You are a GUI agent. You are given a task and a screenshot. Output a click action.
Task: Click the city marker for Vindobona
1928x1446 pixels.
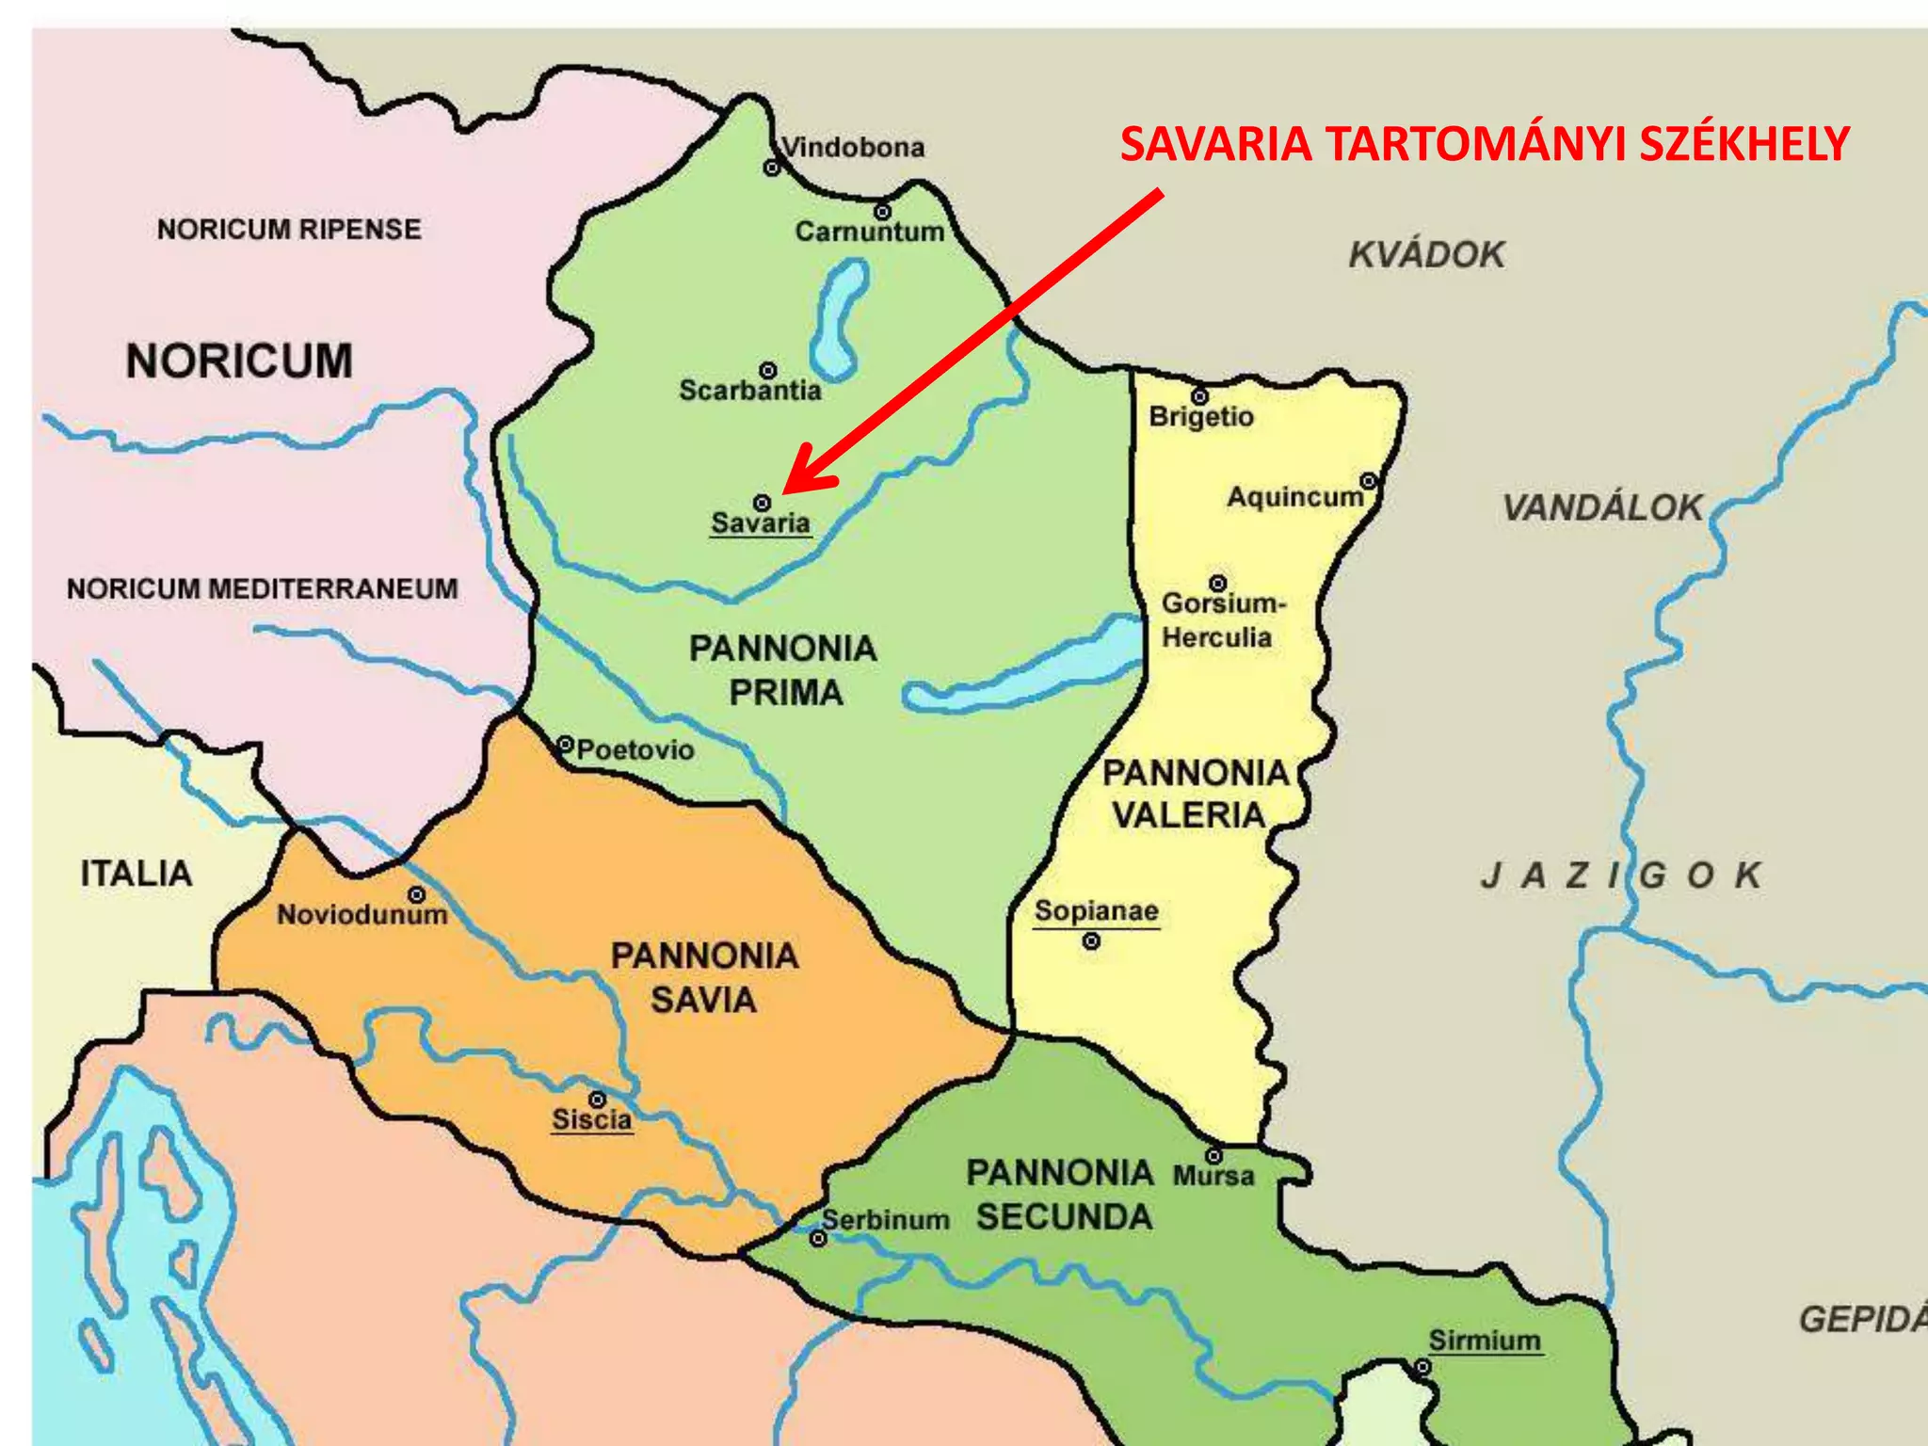click(x=771, y=168)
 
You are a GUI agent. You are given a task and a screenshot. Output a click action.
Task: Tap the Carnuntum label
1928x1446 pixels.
click(x=869, y=232)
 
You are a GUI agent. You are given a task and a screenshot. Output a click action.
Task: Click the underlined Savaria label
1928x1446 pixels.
click(x=761, y=522)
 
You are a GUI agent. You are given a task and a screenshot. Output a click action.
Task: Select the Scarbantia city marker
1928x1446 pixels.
click(x=768, y=370)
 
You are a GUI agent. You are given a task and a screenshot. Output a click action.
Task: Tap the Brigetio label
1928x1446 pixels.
click(x=1201, y=416)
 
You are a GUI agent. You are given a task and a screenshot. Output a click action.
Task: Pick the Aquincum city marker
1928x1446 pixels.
click(x=1369, y=481)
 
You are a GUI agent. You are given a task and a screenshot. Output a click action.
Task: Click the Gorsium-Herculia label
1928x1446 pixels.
click(x=1221, y=619)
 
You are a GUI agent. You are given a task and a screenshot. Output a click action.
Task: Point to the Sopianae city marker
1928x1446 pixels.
click(x=1091, y=940)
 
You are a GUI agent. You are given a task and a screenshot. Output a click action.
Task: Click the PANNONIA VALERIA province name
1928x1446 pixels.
click(x=1194, y=794)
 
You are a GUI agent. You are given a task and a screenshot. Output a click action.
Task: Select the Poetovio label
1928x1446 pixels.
click(x=635, y=749)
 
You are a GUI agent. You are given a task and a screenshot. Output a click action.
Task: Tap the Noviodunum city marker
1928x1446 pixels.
click(x=416, y=893)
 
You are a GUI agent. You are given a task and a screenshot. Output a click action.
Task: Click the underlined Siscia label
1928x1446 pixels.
click(x=591, y=1119)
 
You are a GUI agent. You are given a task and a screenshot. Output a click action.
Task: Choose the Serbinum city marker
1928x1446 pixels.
click(x=818, y=1238)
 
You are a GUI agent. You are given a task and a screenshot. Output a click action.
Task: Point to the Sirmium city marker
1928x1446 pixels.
click(x=1423, y=1366)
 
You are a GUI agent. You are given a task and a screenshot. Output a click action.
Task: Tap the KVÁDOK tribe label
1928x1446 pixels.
click(x=1426, y=254)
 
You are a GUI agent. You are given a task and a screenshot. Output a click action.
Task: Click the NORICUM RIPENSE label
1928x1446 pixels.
click(x=289, y=229)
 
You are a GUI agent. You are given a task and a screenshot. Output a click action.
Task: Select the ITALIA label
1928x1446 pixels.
click(x=137, y=874)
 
